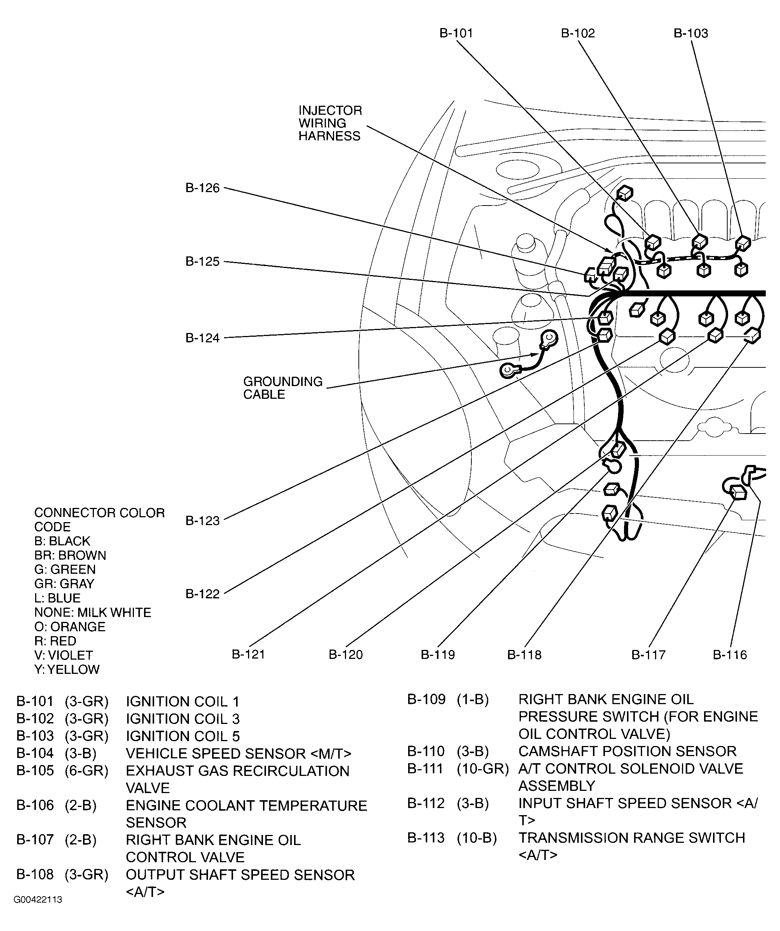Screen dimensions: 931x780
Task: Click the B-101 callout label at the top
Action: click(x=456, y=33)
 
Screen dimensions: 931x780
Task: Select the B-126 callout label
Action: click(x=202, y=188)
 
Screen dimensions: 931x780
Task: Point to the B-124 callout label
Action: click(x=202, y=338)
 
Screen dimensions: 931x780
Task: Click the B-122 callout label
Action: click(x=202, y=594)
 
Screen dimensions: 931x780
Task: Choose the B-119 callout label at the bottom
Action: click(x=437, y=654)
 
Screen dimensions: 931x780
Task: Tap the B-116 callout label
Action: click(x=729, y=654)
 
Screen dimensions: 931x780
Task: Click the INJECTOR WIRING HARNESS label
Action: click(x=330, y=123)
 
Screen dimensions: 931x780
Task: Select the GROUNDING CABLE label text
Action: click(x=282, y=388)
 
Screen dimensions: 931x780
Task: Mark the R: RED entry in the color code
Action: click(x=55, y=641)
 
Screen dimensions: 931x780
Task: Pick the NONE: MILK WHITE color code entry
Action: click(x=92, y=612)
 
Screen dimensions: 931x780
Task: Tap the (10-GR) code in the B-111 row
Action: click(x=482, y=768)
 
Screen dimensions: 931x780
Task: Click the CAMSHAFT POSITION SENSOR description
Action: click(x=627, y=751)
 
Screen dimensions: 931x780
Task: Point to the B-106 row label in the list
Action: click(x=35, y=805)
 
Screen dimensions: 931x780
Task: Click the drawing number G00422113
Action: click(x=38, y=900)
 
